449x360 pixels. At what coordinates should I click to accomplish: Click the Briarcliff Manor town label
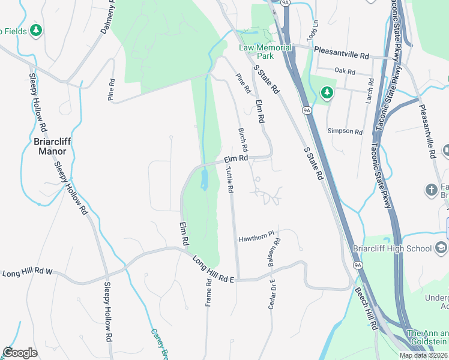coord(52,146)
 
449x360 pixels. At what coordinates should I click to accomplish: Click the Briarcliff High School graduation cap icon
coord(441,248)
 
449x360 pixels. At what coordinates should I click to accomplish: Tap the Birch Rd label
coord(243,139)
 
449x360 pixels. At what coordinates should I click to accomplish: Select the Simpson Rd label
coord(345,131)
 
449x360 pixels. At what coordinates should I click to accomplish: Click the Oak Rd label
coord(345,71)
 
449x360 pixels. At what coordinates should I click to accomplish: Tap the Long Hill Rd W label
coord(28,273)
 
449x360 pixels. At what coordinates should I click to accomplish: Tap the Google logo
coord(20,352)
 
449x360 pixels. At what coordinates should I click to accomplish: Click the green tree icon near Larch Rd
coord(327,92)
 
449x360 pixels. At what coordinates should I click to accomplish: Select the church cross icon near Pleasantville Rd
coord(431,191)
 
